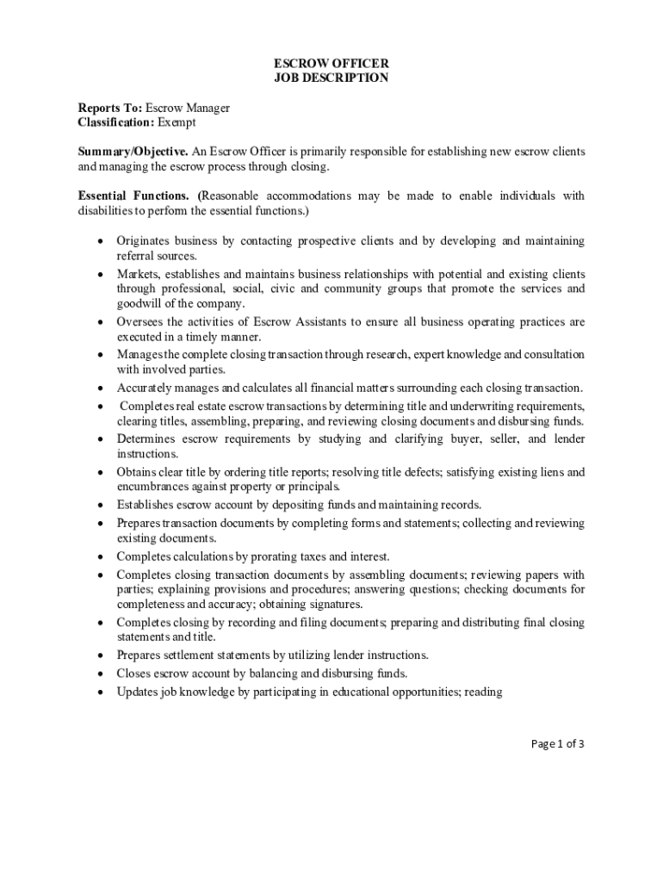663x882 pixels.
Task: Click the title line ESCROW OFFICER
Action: pos(331,63)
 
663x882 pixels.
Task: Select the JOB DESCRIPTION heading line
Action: pos(331,78)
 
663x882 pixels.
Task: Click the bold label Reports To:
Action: pos(110,108)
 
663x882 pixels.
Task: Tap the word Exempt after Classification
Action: pos(177,122)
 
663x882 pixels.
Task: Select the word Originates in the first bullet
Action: pos(143,241)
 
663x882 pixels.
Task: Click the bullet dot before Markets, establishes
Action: pos(101,274)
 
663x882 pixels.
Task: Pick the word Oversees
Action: pos(140,322)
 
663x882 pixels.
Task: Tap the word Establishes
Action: pos(146,505)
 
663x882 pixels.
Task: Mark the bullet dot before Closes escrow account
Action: pos(101,674)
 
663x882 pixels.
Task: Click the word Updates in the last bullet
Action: pos(137,691)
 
